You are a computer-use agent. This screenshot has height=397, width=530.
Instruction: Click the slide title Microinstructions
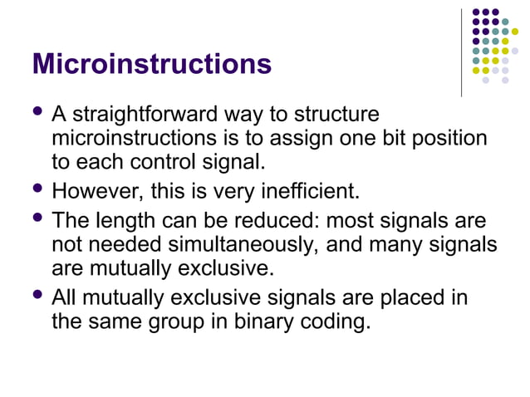(x=151, y=64)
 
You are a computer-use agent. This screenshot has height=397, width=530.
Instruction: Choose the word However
(x=97, y=193)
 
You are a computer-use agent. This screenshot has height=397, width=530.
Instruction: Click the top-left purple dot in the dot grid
(x=476, y=12)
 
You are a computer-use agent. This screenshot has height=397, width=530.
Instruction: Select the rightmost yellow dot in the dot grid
(x=515, y=32)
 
